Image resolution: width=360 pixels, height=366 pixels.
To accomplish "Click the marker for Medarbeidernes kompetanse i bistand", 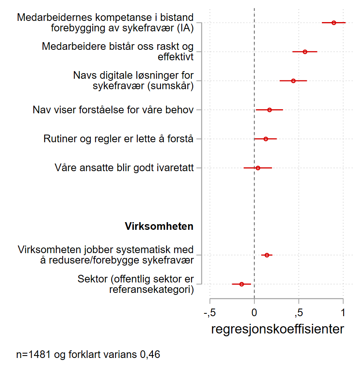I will coord(334,23).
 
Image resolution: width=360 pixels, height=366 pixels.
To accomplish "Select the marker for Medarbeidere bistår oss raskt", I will coord(305,52).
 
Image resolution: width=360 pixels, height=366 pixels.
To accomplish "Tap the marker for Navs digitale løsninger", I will coord(293,81).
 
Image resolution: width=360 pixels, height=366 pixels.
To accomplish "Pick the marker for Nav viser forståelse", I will coord(269,110).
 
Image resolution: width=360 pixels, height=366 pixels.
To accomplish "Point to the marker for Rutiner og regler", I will coord(266,139).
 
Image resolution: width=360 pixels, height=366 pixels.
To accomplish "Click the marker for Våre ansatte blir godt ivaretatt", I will coord(258,168).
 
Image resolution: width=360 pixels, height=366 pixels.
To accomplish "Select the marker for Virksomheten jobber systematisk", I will coord(267,255).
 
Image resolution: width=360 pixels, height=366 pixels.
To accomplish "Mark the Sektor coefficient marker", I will coord(242,284).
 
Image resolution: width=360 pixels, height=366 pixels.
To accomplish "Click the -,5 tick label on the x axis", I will coord(209,313).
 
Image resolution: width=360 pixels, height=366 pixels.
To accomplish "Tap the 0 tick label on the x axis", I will coord(254,313).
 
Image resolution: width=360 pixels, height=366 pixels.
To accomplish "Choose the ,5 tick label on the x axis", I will coord(298,313).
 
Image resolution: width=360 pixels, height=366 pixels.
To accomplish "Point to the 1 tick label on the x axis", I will coord(343,313).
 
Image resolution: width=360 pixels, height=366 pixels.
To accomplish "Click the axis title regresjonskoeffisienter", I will coord(277,329).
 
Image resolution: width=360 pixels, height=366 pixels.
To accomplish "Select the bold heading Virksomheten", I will coord(159,226).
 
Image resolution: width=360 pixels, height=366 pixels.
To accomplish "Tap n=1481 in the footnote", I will coord(33,355).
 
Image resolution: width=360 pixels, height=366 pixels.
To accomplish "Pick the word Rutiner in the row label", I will coord(58,139).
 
